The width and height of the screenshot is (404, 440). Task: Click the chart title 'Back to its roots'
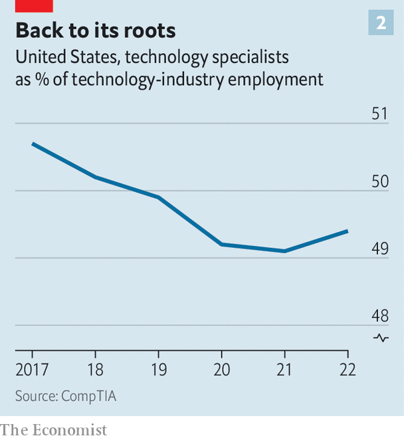click(x=96, y=31)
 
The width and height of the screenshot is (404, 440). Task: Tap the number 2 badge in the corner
click(x=381, y=23)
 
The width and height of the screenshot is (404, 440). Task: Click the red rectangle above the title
click(x=34, y=5)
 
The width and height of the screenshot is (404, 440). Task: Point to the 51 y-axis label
click(x=380, y=114)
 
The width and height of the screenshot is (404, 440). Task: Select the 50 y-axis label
click(x=380, y=181)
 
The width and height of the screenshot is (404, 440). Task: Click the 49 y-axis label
click(x=380, y=249)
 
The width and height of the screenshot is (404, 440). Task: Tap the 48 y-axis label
click(x=380, y=316)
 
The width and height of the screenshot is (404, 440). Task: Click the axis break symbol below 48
click(x=381, y=338)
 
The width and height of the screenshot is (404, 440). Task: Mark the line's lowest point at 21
click(x=284, y=251)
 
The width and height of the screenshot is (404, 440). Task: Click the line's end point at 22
click(x=348, y=231)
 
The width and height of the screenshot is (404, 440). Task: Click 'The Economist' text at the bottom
click(x=54, y=430)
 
